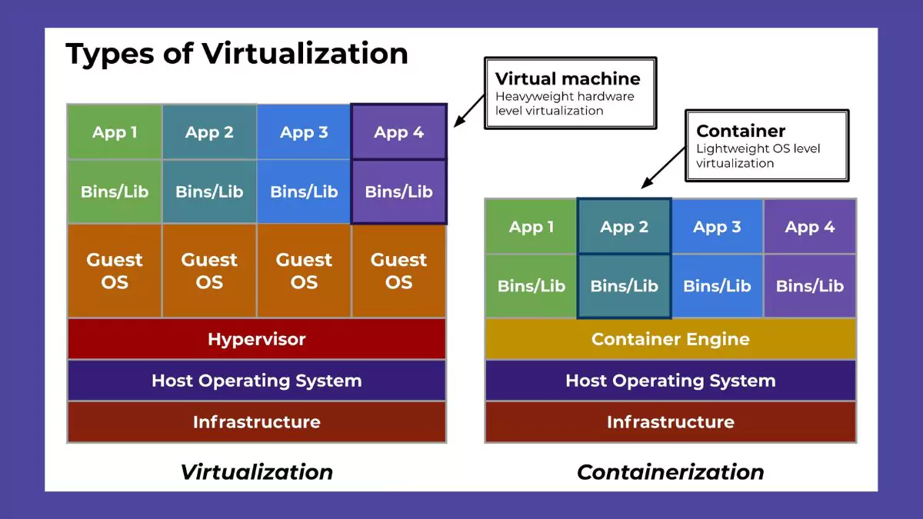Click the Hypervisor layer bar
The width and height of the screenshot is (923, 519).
(256, 339)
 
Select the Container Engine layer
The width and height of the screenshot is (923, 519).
(670, 339)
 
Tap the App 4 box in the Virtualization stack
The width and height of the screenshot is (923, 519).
(398, 132)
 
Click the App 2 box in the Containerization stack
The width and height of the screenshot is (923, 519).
(624, 227)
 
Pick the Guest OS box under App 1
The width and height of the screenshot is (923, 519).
(115, 271)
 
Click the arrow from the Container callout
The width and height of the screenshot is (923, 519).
(663, 167)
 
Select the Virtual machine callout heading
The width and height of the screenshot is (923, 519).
(568, 78)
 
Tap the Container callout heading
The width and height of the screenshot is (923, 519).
(741, 131)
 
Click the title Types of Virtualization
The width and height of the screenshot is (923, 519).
(237, 53)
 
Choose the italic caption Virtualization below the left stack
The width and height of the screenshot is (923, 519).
(256, 471)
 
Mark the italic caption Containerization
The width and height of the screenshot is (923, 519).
(670, 471)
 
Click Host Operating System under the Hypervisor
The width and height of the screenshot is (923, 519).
(256, 381)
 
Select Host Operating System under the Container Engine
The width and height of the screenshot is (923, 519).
(670, 381)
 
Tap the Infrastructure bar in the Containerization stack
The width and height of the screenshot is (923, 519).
(670, 422)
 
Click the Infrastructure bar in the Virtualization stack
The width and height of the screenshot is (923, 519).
(256, 422)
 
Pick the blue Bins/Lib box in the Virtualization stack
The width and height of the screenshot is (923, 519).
(304, 191)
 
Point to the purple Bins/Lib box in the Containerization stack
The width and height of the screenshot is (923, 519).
(809, 286)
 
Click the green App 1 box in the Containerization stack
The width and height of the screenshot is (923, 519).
(531, 227)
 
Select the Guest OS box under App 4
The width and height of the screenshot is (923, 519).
(398, 271)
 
